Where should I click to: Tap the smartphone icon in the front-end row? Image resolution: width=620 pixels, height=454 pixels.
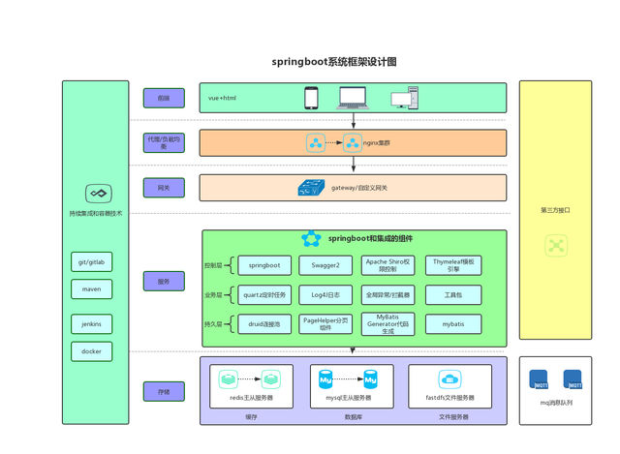[x=311, y=98]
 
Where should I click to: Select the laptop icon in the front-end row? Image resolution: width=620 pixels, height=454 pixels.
[x=353, y=98]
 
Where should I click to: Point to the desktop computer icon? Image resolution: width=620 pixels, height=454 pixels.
[x=405, y=98]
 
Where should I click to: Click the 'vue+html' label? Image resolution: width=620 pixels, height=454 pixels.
[x=222, y=98]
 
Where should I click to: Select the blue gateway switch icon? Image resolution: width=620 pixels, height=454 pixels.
[x=311, y=188]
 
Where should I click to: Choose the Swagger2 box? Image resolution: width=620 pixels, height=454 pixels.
[x=325, y=265]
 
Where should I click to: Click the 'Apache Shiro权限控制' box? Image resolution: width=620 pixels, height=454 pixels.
[x=387, y=265]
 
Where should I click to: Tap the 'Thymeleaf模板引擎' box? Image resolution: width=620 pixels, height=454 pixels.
[x=453, y=265]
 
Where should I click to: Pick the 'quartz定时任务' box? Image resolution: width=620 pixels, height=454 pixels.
[x=263, y=294]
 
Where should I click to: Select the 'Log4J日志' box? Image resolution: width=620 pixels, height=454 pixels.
[x=325, y=294]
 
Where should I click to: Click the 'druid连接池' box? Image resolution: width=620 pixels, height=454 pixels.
[x=263, y=324]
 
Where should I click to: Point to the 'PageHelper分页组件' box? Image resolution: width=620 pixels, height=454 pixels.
[x=325, y=324]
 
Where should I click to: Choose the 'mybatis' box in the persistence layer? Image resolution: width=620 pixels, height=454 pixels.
[x=453, y=324]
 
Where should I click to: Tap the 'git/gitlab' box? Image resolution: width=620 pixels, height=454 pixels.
[x=92, y=261]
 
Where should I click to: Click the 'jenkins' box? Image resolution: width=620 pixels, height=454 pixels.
[x=92, y=324]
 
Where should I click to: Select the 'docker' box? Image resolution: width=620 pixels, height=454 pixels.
[x=92, y=351]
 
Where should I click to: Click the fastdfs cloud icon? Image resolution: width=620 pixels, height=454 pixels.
[x=449, y=378]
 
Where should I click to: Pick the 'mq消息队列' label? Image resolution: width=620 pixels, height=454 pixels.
[x=556, y=403]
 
